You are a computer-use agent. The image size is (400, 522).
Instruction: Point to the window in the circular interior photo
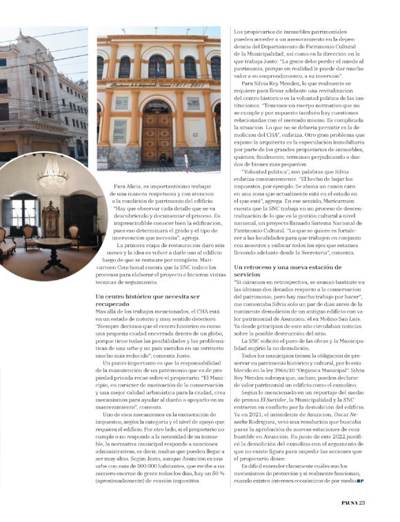coord(22,213)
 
